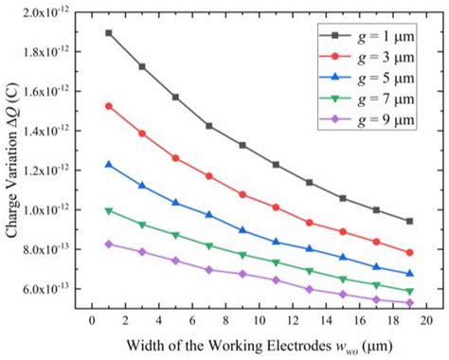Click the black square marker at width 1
click(x=109, y=33)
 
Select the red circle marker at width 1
click(x=109, y=106)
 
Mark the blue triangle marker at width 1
click(x=109, y=165)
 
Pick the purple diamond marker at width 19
click(x=409, y=303)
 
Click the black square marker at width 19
click(x=409, y=221)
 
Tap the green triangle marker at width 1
click(x=109, y=210)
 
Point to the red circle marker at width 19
click(x=409, y=253)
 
